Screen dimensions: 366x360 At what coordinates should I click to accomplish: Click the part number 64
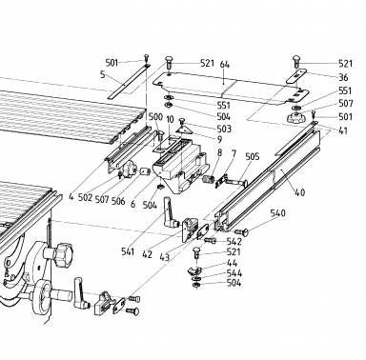[x=224, y=64]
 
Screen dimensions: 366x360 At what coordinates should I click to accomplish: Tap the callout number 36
[x=343, y=77]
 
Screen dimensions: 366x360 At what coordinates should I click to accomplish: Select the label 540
[x=277, y=213]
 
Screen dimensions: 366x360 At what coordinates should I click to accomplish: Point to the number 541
[x=128, y=251]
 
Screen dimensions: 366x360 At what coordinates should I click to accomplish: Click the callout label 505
[x=253, y=156]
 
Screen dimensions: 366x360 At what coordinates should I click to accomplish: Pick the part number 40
[x=299, y=192]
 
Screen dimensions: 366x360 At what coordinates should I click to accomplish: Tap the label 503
[x=224, y=129]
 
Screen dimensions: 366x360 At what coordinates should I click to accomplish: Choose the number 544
[x=234, y=273]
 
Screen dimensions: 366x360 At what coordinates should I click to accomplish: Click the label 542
[x=234, y=242]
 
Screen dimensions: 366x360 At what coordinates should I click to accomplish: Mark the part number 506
[x=118, y=201]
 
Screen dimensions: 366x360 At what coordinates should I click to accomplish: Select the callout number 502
[x=85, y=197]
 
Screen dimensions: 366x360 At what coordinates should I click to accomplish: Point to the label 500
[x=155, y=116]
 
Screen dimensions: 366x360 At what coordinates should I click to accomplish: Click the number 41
[x=343, y=130]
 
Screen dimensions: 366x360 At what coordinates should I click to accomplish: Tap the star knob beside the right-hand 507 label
[x=295, y=118]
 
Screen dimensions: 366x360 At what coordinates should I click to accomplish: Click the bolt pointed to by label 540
[x=241, y=232]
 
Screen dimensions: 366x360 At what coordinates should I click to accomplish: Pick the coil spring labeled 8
[x=208, y=179]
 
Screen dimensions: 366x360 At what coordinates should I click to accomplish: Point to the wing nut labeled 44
[x=193, y=270]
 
